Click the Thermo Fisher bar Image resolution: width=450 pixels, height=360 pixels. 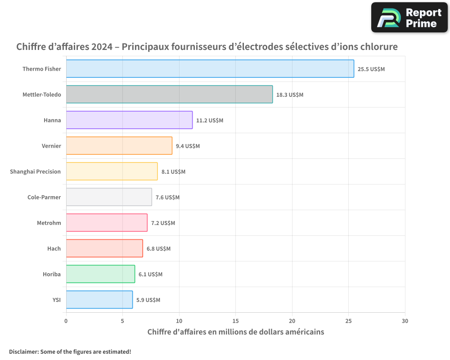(210, 69)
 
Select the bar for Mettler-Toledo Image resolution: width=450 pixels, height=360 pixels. (169, 94)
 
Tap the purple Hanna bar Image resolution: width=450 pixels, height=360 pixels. (129, 120)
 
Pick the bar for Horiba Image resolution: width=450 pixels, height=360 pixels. (100, 274)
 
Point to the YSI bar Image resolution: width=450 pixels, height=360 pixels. (99, 300)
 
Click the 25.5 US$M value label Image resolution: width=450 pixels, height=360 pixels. (371, 69)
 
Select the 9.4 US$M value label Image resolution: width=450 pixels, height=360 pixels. (188, 146)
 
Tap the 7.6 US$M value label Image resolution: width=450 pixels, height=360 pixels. (167, 198)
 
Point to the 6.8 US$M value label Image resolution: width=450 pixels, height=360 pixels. (158, 249)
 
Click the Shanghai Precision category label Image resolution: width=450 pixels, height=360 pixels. (35, 171)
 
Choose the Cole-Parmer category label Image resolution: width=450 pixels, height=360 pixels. (44, 197)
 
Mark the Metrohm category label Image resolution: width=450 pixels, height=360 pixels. (49, 223)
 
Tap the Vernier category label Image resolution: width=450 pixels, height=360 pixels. (51, 146)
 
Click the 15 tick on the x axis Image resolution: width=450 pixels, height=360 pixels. (235, 321)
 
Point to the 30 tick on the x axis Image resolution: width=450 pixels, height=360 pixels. (405, 321)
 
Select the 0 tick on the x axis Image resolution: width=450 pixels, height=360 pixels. (66, 321)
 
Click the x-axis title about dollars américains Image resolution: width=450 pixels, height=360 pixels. (235, 332)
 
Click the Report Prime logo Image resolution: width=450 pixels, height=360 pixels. (409, 18)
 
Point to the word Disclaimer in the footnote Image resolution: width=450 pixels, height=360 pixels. (23, 351)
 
